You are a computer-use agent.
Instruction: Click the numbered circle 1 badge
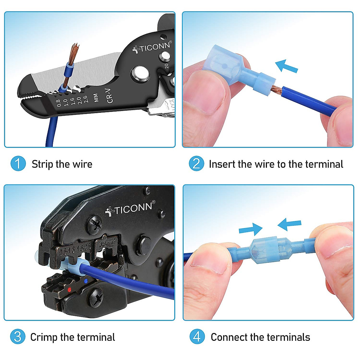coord(18,164)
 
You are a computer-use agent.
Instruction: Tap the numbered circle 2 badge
coord(196,164)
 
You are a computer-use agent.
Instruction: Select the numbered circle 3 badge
coord(18,337)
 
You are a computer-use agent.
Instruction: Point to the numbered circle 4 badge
coord(197,337)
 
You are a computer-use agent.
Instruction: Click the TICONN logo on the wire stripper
coord(152,47)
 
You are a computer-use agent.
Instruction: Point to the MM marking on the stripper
coord(96,97)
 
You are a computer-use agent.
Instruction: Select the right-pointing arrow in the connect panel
coord(250,229)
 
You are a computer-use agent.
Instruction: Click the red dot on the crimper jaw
coord(69,289)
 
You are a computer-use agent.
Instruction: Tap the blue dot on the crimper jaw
coord(86,281)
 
